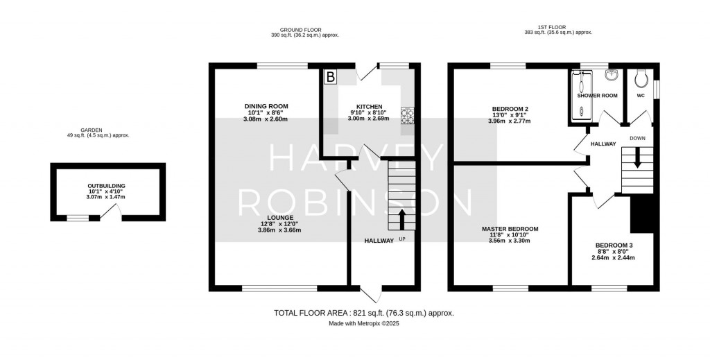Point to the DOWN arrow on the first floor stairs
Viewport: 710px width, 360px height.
(x=637, y=158)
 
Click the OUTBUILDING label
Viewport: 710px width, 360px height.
(x=107, y=186)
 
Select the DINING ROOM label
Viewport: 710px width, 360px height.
(x=266, y=106)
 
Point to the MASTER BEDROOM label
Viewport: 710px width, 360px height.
(x=510, y=229)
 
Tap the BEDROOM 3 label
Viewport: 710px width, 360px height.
(x=613, y=246)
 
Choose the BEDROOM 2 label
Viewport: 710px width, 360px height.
(x=510, y=109)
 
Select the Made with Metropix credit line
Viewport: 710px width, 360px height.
(x=364, y=323)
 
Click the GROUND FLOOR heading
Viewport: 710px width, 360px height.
(x=300, y=30)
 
